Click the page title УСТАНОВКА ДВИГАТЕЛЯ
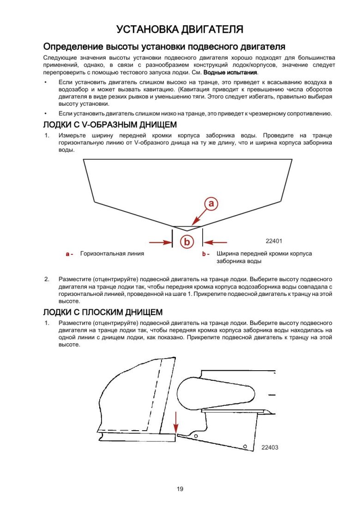tap(180, 30)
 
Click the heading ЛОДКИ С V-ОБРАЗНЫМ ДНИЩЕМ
tap(109, 125)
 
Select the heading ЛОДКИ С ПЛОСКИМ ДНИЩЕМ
tap(102, 312)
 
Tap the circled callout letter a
tap(211, 203)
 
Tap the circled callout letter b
tap(187, 241)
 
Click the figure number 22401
tap(274, 241)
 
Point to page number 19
tap(180, 489)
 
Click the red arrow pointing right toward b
tap(160, 241)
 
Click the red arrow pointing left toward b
tap(216, 241)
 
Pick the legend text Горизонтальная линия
tap(112, 253)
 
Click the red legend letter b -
tap(206, 254)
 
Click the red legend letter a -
tap(69, 254)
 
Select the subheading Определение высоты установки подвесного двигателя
tap(164, 47)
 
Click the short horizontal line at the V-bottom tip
tap(187, 227)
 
